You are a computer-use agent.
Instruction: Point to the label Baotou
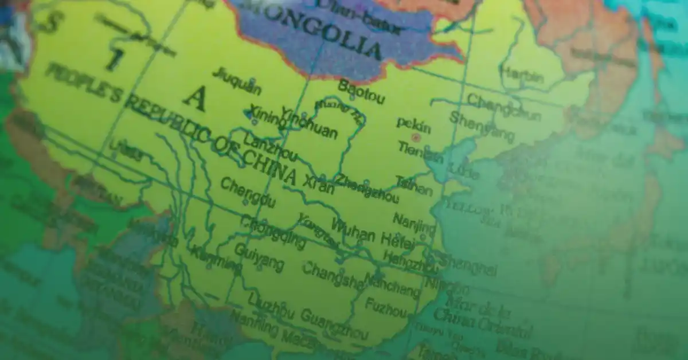click(361, 92)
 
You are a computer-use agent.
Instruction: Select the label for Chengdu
click(248, 192)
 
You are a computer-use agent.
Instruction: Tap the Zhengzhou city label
click(367, 189)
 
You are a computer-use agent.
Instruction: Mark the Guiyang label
click(259, 257)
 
